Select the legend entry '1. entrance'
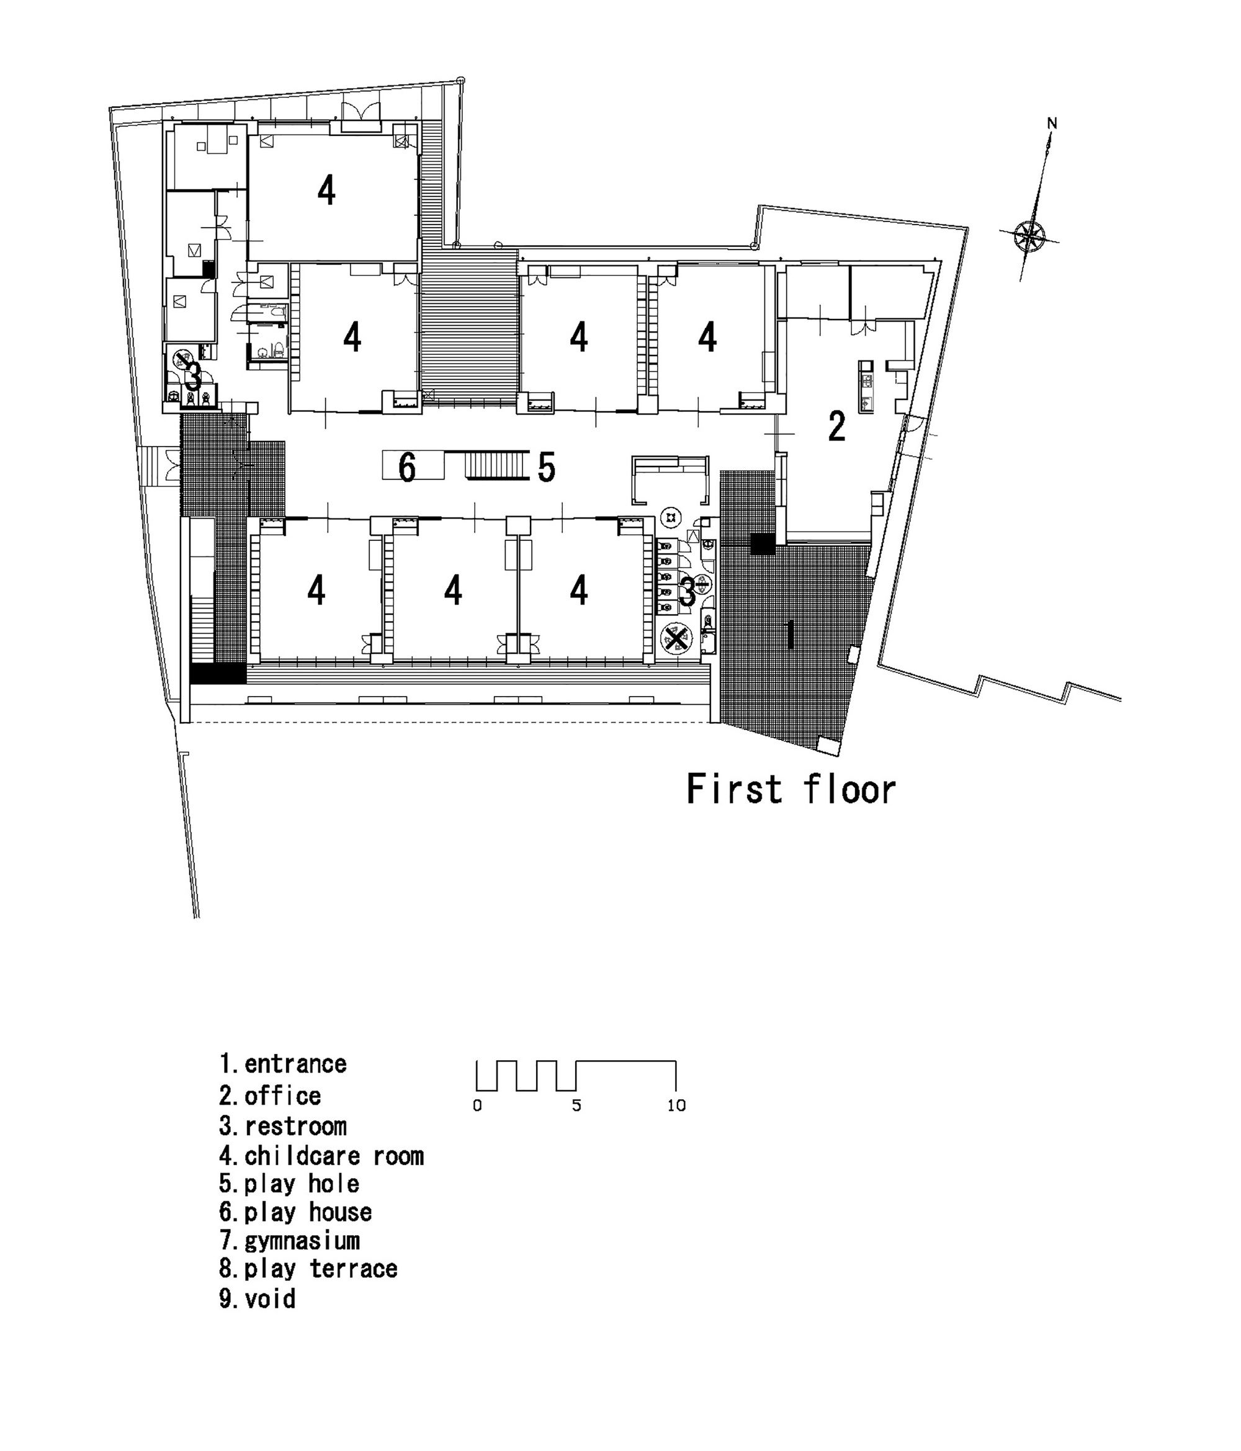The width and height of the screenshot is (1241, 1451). coord(283,1064)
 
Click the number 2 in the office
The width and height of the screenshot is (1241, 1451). coord(836,426)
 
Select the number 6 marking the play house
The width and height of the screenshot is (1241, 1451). coord(406,467)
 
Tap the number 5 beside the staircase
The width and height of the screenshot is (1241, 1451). coord(546,467)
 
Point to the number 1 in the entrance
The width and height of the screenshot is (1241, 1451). coord(791,635)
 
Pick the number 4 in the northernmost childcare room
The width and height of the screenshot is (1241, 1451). coord(326,190)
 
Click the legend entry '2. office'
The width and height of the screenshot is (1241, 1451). coord(271,1096)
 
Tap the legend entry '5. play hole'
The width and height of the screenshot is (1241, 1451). coord(289,1184)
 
